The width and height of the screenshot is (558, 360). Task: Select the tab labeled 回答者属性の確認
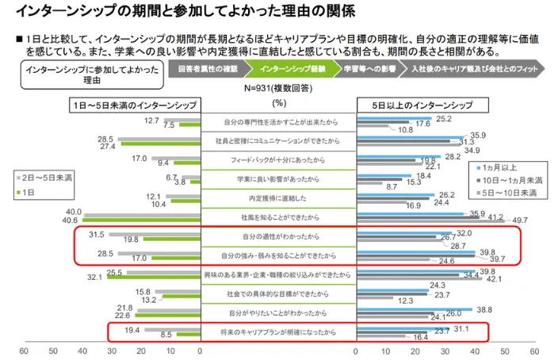[208, 69]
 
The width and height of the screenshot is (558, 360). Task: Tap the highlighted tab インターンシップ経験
[290, 69]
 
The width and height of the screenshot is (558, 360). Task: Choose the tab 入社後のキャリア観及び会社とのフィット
[468, 69]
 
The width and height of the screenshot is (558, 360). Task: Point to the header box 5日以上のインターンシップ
[423, 105]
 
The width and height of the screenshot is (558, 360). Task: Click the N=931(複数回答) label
[278, 89]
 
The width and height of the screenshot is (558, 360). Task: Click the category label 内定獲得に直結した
[277, 197]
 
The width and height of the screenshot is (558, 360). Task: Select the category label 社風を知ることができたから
[277, 216]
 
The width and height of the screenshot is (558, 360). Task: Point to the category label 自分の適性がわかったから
[277, 236]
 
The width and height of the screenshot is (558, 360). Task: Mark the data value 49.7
[519, 220]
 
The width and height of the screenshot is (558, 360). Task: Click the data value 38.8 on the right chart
[485, 308]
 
